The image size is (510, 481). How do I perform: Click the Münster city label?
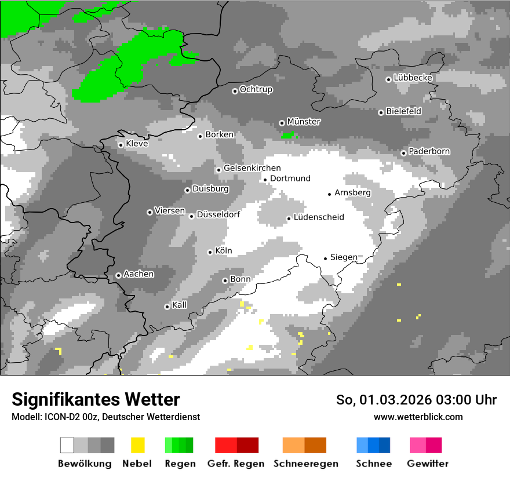click(x=303, y=122)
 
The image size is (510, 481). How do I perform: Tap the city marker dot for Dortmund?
click(x=265, y=180)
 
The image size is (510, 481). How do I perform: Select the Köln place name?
click(x=223, y=251)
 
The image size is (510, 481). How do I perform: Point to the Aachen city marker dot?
click(x=118, y=275)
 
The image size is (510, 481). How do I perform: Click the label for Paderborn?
click(x=429, y=151)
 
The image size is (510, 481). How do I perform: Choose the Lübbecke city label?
click(x=413, y=78)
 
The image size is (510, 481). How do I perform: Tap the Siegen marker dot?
click(x=325, y=258)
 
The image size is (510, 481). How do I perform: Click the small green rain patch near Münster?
click(x=287, y=135)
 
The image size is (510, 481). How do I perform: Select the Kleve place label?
click(x=137, y=144)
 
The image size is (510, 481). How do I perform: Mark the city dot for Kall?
click(x=167, y=307)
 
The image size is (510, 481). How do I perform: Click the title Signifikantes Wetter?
click(x=96, y=399)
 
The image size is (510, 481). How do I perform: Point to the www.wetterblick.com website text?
click(x=418, y=417)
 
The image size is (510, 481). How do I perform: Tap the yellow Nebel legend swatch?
click(x=137, y=445)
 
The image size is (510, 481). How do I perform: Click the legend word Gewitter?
click(x=427, y=464)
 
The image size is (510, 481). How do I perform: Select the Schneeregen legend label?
click(x=305, y=464)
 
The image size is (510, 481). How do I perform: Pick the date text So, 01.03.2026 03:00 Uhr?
click(x=416, y=400)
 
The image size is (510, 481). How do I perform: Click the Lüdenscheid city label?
click(x=319, y=217)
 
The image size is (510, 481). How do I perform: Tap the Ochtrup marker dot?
click(x=235, y=90)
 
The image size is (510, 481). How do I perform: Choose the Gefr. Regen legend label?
click(x=236, y=464)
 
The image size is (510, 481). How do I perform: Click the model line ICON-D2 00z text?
click(x=105, y=417)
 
